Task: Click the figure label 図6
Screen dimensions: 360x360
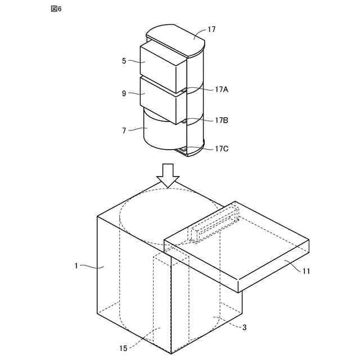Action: tap(56, 10)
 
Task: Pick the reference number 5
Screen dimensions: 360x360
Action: tap(124, 61)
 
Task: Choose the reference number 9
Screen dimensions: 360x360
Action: tap(124, 93)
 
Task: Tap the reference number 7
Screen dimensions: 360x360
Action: tap(124, 130)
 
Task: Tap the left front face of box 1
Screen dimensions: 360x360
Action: tap(133, 281)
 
